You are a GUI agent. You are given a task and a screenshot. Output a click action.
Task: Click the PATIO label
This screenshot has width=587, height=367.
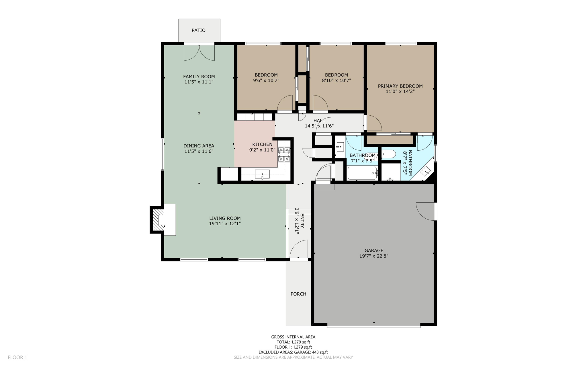pos(198,30)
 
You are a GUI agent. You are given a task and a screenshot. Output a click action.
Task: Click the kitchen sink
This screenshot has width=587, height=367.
pos(262,174)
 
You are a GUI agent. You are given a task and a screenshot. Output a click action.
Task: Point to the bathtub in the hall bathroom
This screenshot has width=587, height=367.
pos(362,173)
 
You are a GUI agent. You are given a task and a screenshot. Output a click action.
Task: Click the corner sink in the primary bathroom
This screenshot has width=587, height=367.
pos(426,171)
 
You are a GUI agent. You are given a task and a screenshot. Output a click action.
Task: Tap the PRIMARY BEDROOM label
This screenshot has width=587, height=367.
pos(400,86)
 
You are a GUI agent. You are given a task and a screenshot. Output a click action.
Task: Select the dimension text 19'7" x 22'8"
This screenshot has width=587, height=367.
pos(374,256)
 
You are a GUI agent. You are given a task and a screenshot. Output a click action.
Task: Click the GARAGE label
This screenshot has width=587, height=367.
pos(374,251)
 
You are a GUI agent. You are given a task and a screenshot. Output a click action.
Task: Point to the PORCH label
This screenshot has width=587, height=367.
pos(298,294)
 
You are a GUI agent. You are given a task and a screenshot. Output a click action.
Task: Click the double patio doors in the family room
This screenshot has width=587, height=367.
pos(199,53)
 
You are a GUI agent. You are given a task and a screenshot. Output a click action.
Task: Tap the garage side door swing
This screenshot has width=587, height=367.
pos(425,211)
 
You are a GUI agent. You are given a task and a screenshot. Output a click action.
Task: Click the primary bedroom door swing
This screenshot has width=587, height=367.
pos(373,123)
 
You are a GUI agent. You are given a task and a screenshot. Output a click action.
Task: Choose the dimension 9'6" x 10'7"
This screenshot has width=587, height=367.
pos(266,81)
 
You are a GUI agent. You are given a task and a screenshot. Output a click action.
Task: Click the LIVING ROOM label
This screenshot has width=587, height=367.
pos(225,218)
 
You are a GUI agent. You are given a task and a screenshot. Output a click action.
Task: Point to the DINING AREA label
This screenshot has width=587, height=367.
pos(199,146)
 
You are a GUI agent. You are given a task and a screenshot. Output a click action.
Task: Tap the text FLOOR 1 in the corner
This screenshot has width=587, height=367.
pos(17,357)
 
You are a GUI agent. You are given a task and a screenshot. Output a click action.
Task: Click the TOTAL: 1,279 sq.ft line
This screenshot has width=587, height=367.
pos(293,342)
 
